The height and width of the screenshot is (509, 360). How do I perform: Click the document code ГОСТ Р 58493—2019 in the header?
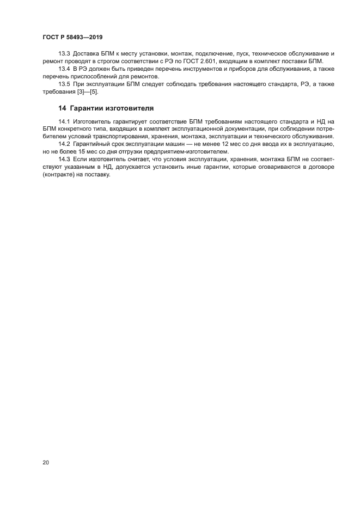[x=72, y=36]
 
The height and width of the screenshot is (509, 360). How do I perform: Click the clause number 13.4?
[x=64, y=69]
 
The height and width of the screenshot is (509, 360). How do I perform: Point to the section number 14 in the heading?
[x=62, y=107]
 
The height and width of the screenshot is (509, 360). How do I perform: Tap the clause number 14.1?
[x=64, y=121]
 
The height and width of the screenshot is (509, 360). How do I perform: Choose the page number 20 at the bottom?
[x=45, y=463]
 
